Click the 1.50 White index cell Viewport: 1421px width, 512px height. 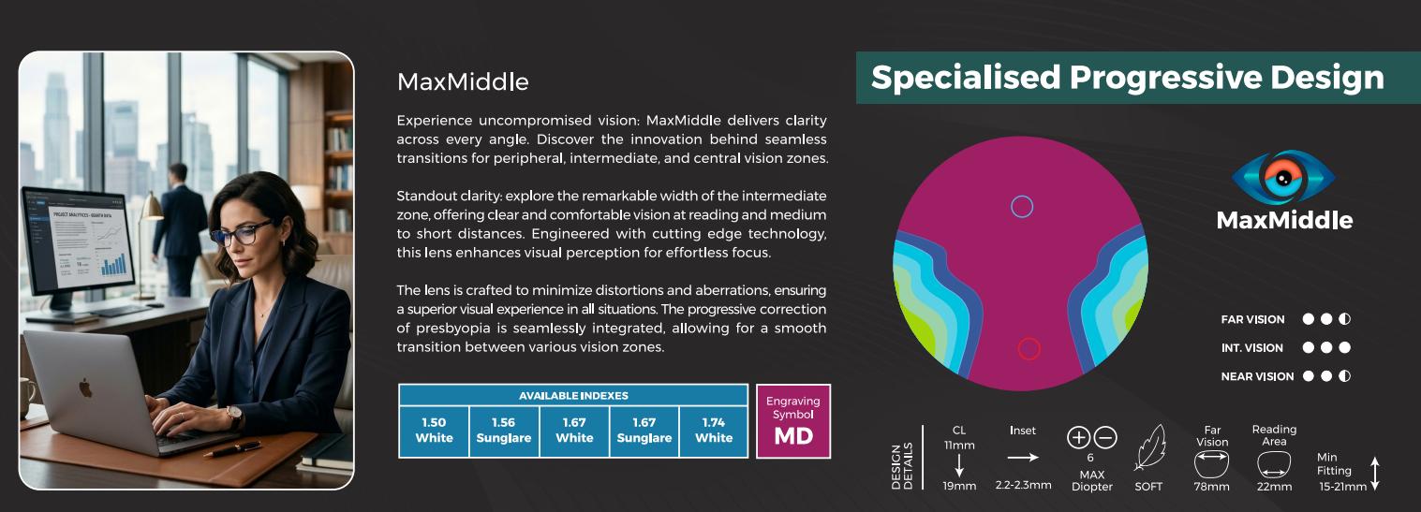point(434,431)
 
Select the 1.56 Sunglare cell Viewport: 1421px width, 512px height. point(504,431)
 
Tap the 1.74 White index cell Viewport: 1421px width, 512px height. point(714,431)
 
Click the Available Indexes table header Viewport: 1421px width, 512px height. point(573,395)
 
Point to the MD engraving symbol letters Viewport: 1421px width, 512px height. point(793,436)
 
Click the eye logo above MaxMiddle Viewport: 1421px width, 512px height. point(1283,178)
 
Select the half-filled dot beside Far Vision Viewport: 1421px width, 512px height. point(1344,319)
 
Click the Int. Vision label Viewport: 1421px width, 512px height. point(1252,348)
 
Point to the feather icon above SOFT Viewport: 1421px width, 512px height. point(1149,448)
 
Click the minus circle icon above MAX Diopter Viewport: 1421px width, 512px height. point(1105,437)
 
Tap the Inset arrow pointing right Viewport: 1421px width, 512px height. point(1023,457)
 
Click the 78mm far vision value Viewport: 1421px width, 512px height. point(1212,487)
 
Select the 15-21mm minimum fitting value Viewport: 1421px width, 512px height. point(1343,487)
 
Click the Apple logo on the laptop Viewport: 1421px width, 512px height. point(85,388)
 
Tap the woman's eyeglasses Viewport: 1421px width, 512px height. point(243,233)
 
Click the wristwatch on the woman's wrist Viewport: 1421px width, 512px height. point(235,416)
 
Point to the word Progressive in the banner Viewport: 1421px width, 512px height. point(1165,79)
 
